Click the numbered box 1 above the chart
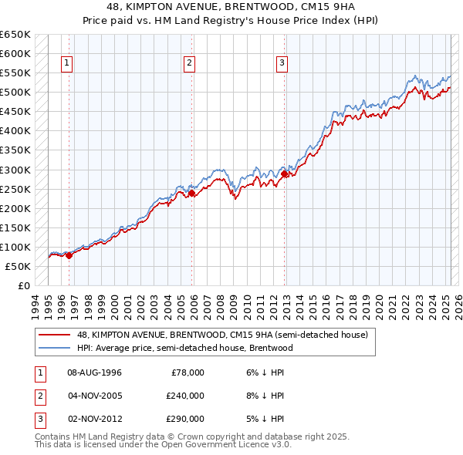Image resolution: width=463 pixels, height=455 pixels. point(68,63)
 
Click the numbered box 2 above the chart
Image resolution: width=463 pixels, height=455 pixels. point(189,63)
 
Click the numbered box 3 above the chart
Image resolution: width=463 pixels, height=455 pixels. point(282,63)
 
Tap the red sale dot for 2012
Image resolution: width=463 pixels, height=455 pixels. point(285,174)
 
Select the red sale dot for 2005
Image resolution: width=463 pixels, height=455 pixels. point(192,193)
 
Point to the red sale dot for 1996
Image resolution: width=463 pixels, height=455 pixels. point(69,255)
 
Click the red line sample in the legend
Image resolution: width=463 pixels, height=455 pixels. point(54,335)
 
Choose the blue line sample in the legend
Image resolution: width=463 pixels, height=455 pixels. point(54,348)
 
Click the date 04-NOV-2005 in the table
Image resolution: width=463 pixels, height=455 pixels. point(95,396)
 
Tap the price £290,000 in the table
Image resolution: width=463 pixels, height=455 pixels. point(185,419)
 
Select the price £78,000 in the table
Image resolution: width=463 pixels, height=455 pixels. point(188,372)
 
